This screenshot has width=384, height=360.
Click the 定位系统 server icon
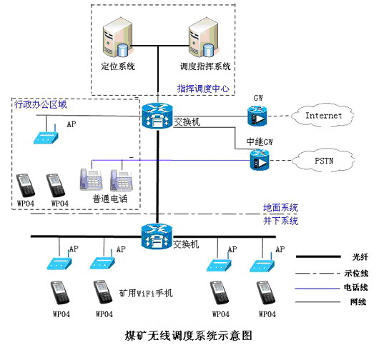point(118,37)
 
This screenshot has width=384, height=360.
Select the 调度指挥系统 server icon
point(204,37)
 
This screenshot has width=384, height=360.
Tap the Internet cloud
point(323,115)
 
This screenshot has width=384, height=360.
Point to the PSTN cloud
point(323,161)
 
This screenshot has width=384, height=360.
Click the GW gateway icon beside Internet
point(257,116)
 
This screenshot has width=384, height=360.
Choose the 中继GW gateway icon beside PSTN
point(260,159)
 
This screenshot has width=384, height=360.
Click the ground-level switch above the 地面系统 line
point(157,116)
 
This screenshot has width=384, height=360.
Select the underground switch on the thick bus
point(157,236)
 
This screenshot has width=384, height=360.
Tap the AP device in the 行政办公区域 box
point(46,136)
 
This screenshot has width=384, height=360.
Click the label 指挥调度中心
point(203,89)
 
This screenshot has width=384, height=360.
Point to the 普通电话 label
point(110,199)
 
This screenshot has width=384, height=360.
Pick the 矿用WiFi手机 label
point(146,293)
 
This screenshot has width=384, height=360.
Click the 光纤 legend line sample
point(318,256)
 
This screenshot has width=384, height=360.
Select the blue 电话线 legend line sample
point(317,289)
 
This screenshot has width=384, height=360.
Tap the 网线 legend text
point(358,302)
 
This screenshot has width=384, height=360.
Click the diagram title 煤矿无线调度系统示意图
point(188,336)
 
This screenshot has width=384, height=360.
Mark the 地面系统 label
point(280,208)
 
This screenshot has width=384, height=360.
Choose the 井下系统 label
point(280,221)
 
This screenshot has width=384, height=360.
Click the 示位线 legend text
point(356,273)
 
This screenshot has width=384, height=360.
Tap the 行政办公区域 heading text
point(41,104)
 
